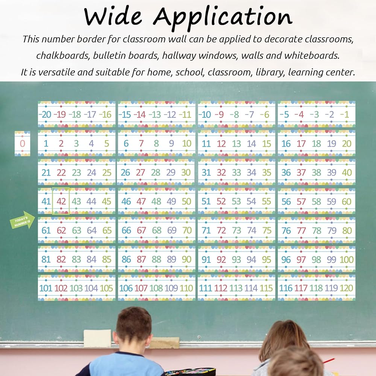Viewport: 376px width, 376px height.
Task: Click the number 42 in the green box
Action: coord(61,201)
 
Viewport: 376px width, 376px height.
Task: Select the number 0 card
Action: coord(22,143)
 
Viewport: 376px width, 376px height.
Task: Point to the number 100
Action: coord(346,259)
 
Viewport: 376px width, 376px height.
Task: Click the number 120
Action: coord(346,288)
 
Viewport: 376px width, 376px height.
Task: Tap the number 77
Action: coord(301,230)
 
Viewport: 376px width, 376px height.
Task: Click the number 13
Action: coord(236,144)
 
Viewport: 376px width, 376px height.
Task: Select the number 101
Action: coord(45,288)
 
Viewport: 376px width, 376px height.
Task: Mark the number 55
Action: coord(267,201)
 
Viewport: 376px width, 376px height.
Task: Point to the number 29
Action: coord(171,173)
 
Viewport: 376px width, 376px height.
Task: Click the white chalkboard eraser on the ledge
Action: coord(97,338)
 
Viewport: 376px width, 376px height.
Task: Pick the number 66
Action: coord(126,230)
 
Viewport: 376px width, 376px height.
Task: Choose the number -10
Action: coord(205,114)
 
